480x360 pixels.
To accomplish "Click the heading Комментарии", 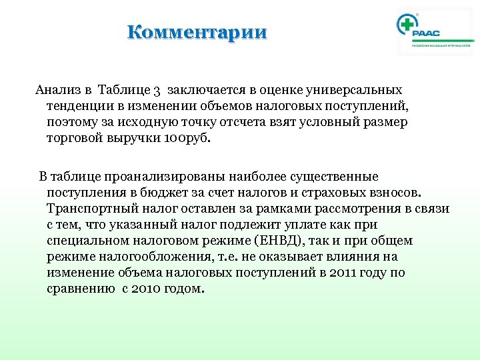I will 197,32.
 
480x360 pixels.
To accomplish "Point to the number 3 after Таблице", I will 157,90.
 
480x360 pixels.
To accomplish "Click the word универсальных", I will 361,89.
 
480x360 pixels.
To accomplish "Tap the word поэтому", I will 72,123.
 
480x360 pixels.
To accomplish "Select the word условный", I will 324,123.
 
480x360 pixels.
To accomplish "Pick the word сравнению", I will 81,289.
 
